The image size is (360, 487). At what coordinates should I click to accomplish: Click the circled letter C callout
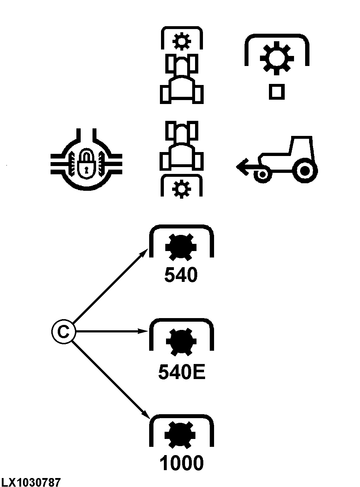click(x=63, y=332)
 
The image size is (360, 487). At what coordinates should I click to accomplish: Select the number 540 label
click(x=181, y=275)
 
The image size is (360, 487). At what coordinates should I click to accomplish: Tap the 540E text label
click(x=181, y=373)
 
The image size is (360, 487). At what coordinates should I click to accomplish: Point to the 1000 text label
click(x=181, y=463)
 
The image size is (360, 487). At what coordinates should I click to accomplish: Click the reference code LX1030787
click(x=31, y=482)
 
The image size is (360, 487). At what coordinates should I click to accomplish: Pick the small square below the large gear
click(x=276, y=92)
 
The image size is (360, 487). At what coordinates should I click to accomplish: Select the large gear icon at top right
click(x=276, y=58)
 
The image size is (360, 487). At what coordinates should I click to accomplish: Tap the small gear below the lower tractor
click(x=181, y=188)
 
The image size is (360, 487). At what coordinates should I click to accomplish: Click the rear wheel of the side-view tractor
click(x=305, y=171)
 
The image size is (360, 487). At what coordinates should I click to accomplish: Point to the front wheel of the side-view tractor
click(x=262, y=175)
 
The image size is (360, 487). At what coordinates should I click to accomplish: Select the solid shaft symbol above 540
click(x=181, y=247)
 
